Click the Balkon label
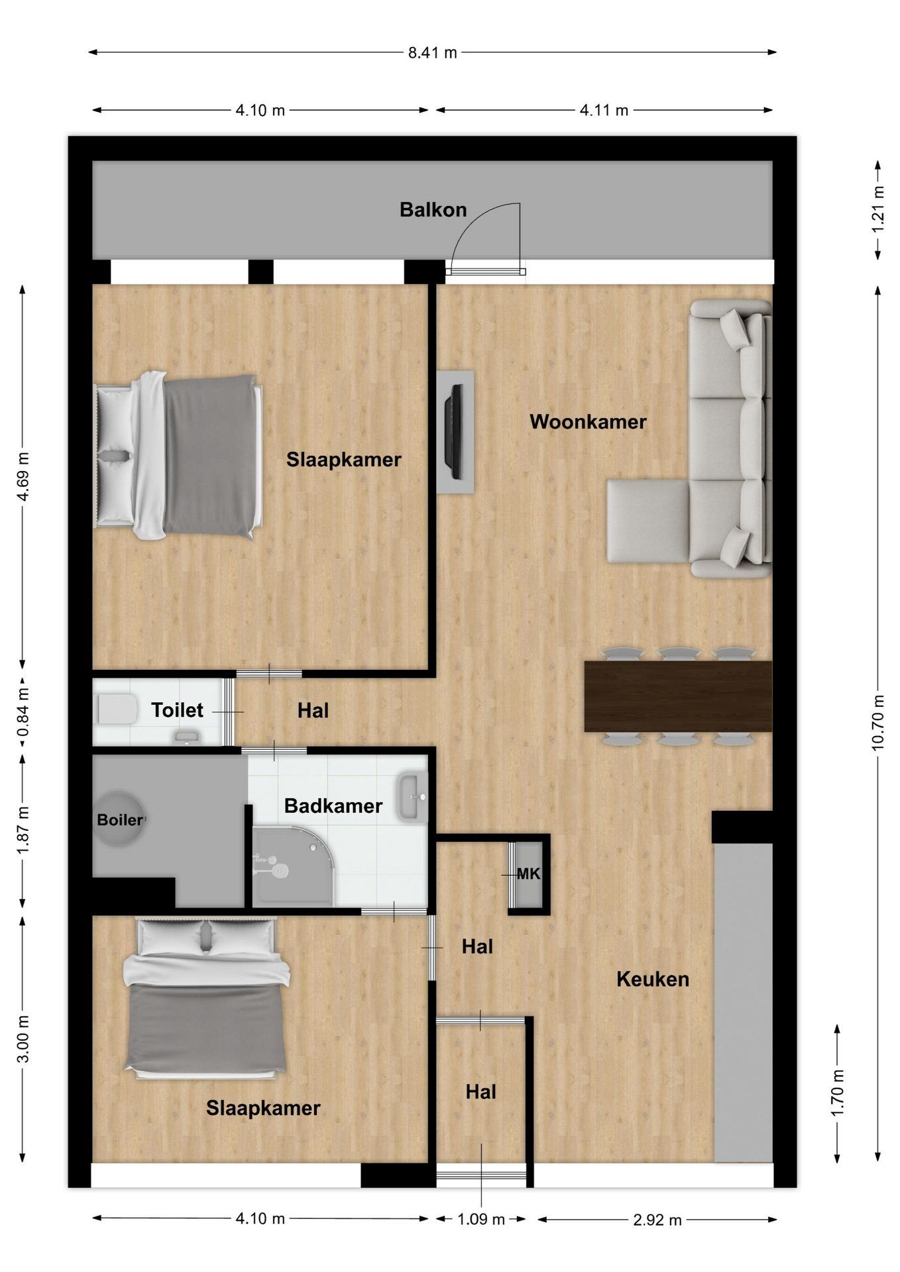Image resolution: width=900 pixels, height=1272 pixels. pos(433,210)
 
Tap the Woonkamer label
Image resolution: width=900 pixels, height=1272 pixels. pos(588,422)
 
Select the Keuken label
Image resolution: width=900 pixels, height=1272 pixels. pos(653,979)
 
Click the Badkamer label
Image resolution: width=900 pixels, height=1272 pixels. pos(333,806)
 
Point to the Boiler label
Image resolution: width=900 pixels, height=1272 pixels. pos(120,820)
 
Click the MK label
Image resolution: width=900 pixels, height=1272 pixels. pos(529,874)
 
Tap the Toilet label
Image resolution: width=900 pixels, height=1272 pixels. pos(177,710)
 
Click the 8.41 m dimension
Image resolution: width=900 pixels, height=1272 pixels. pos(433,53)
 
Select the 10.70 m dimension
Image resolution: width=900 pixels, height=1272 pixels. pos(878,723)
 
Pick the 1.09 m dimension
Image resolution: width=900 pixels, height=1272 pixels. pos(481,1219)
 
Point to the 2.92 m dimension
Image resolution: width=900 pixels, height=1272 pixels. pos(657,1220)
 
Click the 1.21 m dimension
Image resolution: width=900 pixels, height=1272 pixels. pos(878,209)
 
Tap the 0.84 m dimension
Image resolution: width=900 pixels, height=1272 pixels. pos(23,712)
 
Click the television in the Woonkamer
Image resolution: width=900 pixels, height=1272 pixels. pos(455,431)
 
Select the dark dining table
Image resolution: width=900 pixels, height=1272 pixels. pos(678,696)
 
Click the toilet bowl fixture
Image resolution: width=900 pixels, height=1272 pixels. pos(117,710)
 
